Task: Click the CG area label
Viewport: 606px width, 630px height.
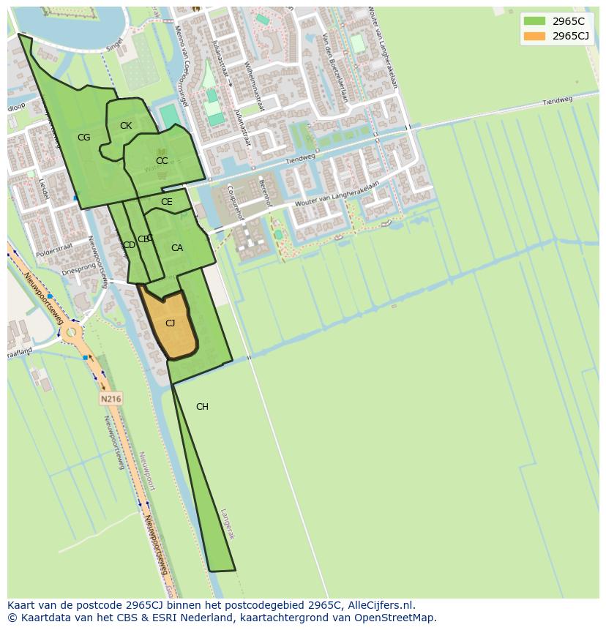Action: coord(84,138)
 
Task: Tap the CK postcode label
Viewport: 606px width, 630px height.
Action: coord(126,126)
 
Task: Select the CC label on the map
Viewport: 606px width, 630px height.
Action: coord(162,161)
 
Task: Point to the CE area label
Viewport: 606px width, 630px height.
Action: coord(167,202)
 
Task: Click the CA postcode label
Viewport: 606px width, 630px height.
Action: coord(177,248)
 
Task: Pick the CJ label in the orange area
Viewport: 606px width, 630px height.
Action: coord(170,323)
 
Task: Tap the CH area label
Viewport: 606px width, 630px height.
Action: coord(202,407)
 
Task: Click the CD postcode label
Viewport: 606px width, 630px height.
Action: coord(129,245)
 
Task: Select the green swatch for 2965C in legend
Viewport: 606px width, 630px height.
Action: coord(534,21)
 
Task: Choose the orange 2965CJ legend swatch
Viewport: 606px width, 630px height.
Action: coord(534,36)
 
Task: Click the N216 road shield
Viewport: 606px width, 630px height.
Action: coord(111,399)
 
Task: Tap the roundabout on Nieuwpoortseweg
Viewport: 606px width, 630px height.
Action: coord(71,333)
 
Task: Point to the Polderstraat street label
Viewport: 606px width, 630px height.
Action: coord(54,247)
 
